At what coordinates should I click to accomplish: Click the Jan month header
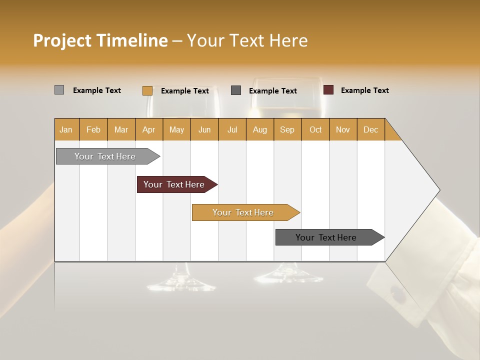point(66,129)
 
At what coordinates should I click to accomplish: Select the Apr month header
point(149,129)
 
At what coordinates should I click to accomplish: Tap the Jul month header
point(232,129)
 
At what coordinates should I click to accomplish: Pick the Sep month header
point(287,129)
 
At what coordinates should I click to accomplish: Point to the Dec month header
point(370,129)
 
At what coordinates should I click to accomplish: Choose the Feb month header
point(93,129)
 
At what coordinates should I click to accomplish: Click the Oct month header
point(315,129)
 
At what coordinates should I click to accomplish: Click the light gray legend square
point(59,90)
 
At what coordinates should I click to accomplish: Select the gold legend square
point(147,90)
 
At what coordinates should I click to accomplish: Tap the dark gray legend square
point(236,90)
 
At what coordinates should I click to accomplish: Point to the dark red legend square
point(328,90)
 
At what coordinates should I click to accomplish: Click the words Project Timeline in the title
point(100,40)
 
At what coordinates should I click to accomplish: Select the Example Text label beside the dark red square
point(364,90)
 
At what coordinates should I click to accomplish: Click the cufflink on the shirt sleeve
point(399,295)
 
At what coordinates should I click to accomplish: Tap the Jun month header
point(204,129)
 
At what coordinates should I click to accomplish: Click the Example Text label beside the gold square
point(184,91)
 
